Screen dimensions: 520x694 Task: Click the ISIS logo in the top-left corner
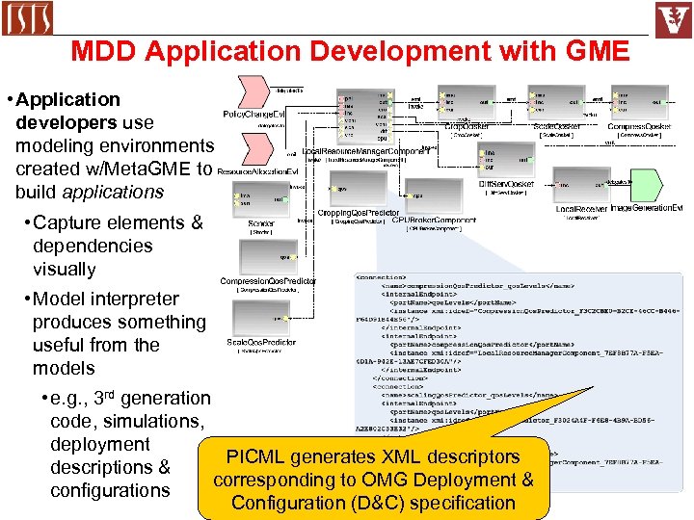(x=29, y=18)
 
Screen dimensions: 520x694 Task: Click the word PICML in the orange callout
(x=253, y=457)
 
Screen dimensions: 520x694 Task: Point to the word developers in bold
(x=64, y=122)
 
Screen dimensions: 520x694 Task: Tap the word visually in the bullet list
(x=65, y=269)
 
